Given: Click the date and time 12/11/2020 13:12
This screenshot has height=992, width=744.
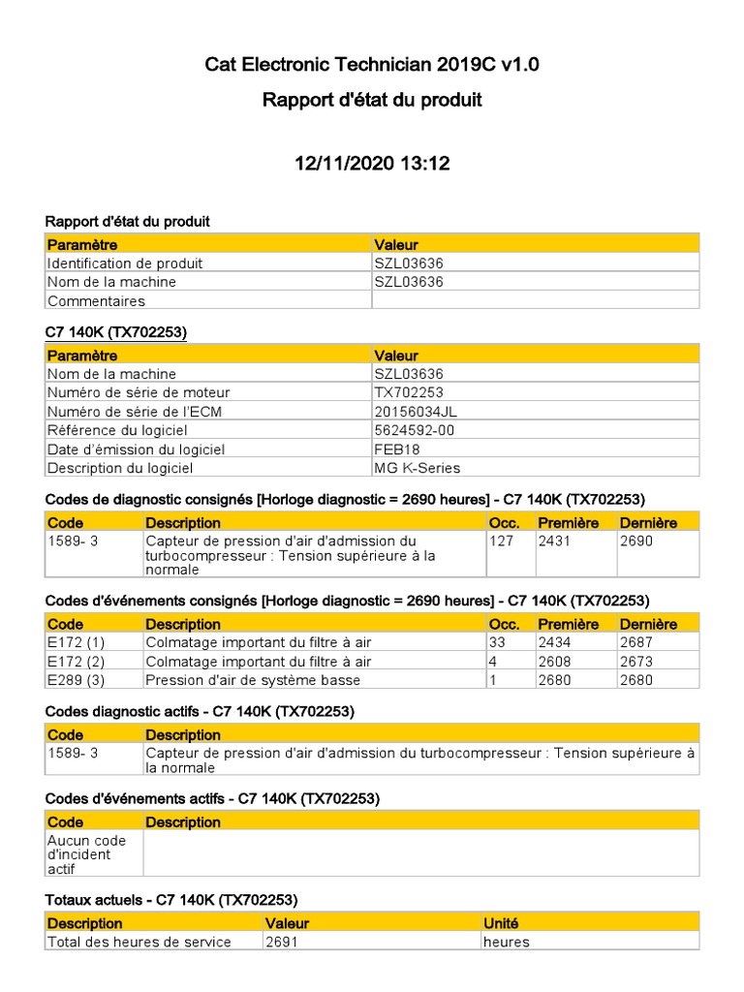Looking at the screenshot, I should pyautogui.click(x=372, y=164).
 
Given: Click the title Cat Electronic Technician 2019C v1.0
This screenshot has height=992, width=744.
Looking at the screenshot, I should pyautogui.click(x=372, y=65).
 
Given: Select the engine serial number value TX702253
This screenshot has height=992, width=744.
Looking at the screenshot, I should pyautogui.click(x=409, y=392).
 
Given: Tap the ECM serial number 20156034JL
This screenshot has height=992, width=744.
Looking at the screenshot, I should pyautogui.click(x=416, y=411).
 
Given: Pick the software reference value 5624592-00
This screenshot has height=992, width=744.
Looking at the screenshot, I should pyautogui.click(x=415, y=430).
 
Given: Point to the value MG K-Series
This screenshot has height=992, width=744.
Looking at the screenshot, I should pyautogui.click(x=418, y=468).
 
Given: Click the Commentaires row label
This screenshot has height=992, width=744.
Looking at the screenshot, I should pyautogui.click(x=96, y=300).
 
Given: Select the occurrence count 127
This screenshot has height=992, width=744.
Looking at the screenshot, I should pyautogui.click(x=502, y=541).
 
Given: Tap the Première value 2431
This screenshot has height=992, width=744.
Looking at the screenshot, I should pyautogui.click(x=554, y=541).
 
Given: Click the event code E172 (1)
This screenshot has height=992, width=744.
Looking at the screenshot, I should pyautogui.click(x=76, y=642).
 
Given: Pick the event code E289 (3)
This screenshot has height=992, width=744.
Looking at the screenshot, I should pyautogui.click(x=76, y=680).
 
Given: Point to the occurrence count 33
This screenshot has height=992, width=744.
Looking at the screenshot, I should pyautogui.click(x=498, y=642).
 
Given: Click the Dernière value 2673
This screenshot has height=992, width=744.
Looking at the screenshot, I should pyautogui.click(x=636, y=661).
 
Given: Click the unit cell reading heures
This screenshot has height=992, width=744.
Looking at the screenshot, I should pyautogui.click(x=507, y=942).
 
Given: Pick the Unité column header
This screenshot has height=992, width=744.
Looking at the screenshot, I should pyautogui.click(x=502, y=923).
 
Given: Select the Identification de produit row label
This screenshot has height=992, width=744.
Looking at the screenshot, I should pyautogui.click(x=125, y=263).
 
